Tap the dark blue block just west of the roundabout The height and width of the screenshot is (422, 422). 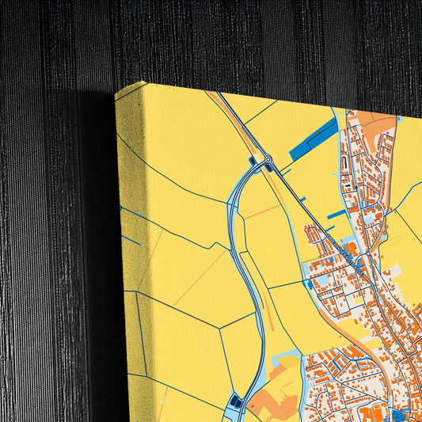pyautogui.click(x=253, y=162)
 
